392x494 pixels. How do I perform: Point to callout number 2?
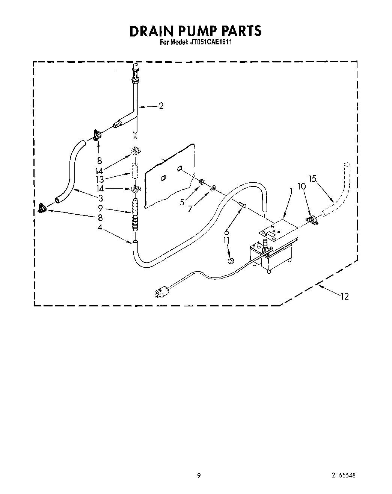161,106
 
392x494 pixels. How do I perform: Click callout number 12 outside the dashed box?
345,297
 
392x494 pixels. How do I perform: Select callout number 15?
313,179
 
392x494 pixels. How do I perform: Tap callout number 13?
99,179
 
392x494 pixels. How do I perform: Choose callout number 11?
227,240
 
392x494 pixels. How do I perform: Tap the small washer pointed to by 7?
213,187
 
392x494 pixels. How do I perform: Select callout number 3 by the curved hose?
100,198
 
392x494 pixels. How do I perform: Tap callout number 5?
182,202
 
